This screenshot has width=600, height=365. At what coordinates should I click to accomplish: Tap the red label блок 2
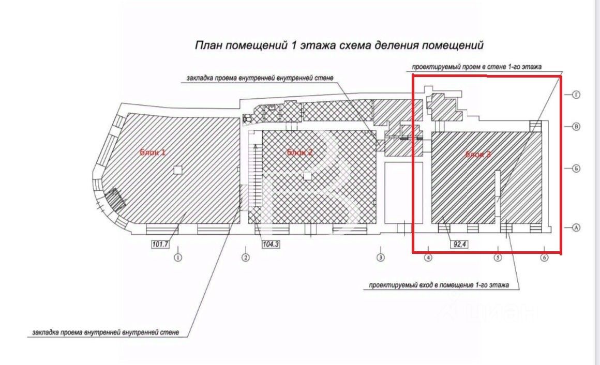point(300,152)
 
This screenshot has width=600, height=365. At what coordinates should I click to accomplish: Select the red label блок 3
point(478,154)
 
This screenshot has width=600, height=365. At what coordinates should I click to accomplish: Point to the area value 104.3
point(271,245)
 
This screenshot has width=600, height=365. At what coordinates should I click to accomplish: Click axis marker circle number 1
point(178,257)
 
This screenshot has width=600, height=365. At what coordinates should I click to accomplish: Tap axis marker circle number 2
point(246,257)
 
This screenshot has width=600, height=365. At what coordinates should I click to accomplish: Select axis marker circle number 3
point(381,257)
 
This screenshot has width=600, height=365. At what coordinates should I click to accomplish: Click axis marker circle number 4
point(429,257)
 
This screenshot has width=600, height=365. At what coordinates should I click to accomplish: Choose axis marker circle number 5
point(498,257)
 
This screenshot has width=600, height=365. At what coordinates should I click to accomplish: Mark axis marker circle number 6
point(544,257)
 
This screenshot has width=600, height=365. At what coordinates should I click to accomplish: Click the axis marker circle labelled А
point(576,227)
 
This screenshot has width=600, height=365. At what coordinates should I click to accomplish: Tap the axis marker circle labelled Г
point(576,95)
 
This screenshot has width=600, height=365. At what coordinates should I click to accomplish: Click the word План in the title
point(206,45)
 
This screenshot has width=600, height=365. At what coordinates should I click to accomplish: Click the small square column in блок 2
point(308,176)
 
